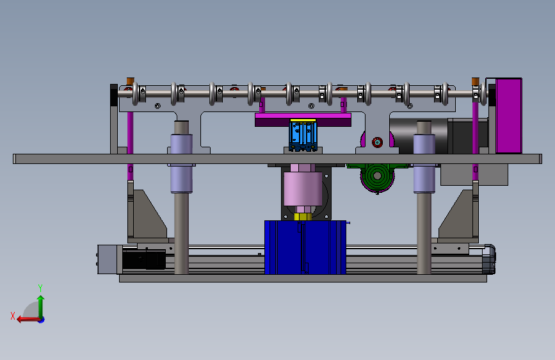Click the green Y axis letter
click(40, 288)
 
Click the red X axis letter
click(13, 316)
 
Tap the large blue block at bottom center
click(305, 247)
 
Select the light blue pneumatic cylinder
click(303, 136)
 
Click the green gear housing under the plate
click(376, 177)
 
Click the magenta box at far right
click(509, 116)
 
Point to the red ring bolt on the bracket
click(377, 142)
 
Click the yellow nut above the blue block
click(303, 217)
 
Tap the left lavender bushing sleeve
click(181, 163)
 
